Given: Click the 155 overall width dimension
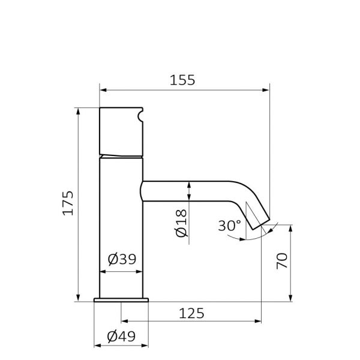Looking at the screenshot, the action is [182, 80].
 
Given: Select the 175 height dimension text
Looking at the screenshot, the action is [68, 203].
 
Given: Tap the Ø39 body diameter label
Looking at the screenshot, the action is [122, 259].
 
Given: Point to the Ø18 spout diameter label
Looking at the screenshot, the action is [181, 223].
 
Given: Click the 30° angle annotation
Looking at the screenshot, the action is [230, 226].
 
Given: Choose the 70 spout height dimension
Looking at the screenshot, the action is [282, 261].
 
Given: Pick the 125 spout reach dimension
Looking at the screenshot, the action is [191, 313].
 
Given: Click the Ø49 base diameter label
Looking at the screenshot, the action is [121, 337].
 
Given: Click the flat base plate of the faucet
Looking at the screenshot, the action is [121, 300].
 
